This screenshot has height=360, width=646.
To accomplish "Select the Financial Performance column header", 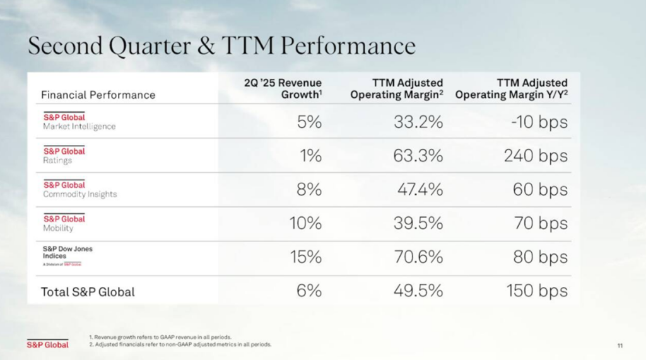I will point(98,95).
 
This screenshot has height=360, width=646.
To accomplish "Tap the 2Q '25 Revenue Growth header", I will point(283,89).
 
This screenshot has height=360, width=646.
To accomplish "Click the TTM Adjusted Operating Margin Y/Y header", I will point(511,89).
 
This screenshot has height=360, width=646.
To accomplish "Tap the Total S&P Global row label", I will point(88,292).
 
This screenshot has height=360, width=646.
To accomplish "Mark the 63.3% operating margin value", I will point(418,156).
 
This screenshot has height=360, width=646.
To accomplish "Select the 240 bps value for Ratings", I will point(536,156).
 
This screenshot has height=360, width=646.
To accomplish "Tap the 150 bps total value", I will point(537,291).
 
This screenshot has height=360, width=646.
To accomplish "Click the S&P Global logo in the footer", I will point(47,344).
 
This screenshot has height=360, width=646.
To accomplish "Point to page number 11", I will point(620,345).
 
